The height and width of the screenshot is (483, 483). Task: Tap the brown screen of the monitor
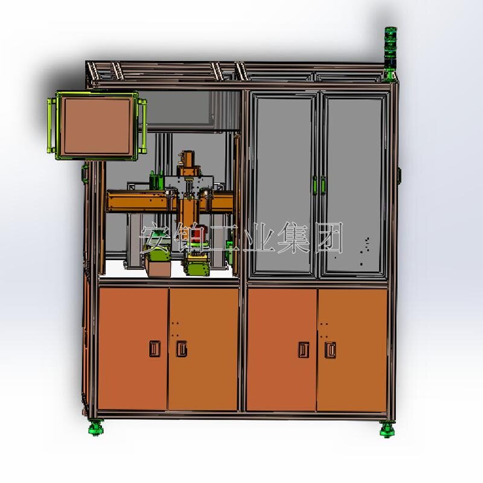[97, 126]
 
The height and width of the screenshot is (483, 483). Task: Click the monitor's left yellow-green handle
[51, 126]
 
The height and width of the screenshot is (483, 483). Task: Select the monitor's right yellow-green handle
[142, 126]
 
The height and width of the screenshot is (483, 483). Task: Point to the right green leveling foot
[387, 430]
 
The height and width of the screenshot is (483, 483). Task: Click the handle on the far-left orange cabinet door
[155, 349]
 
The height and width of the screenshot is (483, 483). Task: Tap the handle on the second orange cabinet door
[182, 349]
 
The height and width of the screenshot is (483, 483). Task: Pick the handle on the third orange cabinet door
[304, 350]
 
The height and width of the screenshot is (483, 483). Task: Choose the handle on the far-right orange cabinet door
[330, 350]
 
